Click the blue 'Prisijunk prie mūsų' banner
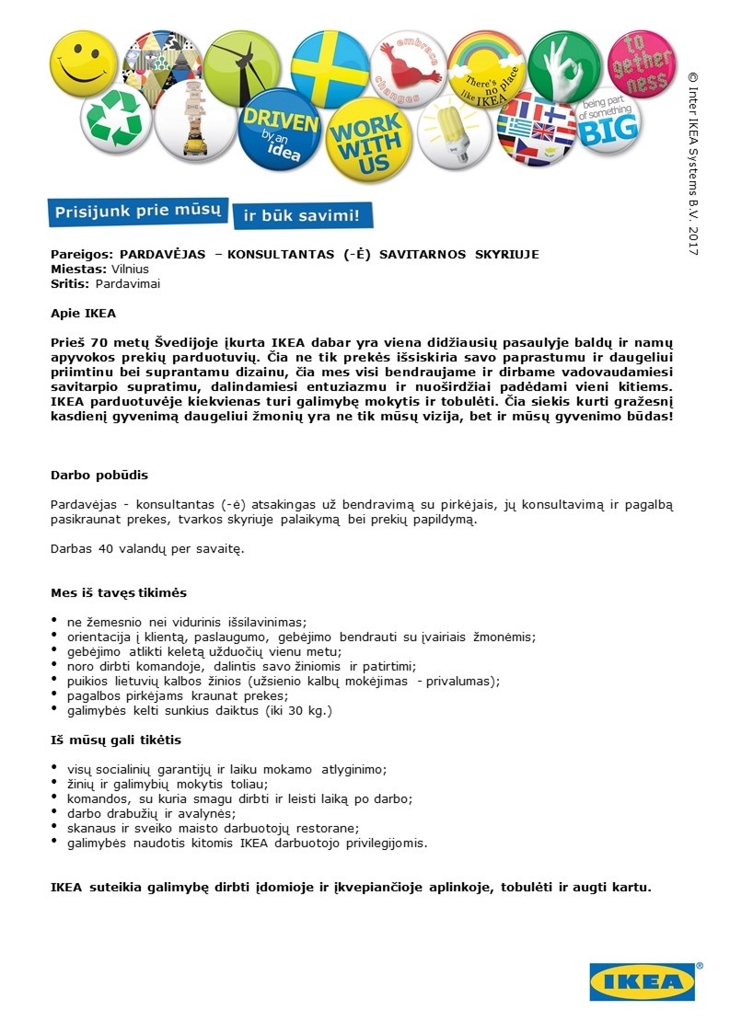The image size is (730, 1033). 137,211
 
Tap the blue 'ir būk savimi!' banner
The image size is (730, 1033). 303,216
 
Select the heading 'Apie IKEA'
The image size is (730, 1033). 83,313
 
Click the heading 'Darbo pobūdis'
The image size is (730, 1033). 98,475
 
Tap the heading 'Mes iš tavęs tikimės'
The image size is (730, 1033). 119,592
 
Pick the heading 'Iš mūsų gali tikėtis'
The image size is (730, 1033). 116,740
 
